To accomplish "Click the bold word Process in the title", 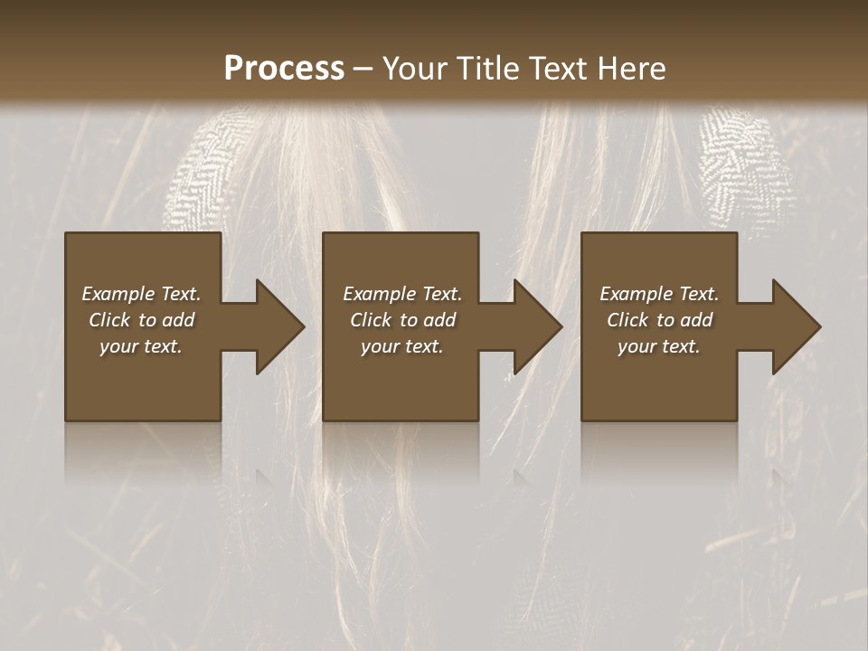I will pos(284,69).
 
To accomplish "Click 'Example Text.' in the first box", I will pos(141,294).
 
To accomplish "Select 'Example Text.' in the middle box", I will pos(402,294).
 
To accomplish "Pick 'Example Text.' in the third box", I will pos(659,294).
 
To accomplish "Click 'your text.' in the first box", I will pos(141,346).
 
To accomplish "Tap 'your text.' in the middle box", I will pos(402,346).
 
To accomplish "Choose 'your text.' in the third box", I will pos(659,346).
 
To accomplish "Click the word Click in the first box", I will pos(110,320).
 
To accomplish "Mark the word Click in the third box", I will pos(628,320).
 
